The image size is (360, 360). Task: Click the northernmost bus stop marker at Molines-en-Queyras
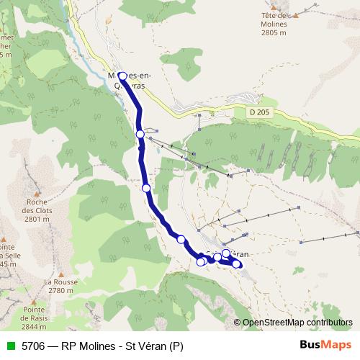(x=122, y=76)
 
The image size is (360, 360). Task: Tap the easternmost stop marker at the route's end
(x=237, y=264)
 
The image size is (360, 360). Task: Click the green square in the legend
(x=10, y=346)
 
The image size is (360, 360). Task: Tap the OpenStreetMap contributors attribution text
(x=299, y=323)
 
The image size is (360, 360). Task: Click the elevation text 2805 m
(x=274, y=32)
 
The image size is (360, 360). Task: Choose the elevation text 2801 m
(x=35, y=220)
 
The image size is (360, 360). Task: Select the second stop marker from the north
(x=140, y=133)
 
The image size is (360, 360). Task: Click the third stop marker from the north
(x=146, y=188)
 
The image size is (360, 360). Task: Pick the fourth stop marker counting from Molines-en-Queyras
(x=181, y=240)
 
